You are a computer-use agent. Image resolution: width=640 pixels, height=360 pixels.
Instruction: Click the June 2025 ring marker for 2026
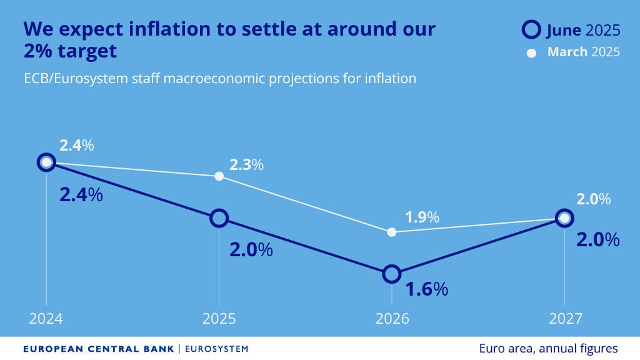tap(392, 274)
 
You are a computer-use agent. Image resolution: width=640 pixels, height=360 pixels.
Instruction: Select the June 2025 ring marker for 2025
tap(219, 218)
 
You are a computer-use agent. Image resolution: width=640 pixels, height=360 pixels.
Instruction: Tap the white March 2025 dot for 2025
tap(219, 176)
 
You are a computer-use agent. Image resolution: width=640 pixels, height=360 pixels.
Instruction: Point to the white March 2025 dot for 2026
tap(392, 232)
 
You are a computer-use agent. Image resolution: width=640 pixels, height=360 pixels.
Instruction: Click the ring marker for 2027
tap(564, 218)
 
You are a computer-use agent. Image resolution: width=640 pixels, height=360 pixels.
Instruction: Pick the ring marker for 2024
tap(46, 162)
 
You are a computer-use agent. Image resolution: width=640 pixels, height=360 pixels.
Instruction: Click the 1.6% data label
tap(427, 289)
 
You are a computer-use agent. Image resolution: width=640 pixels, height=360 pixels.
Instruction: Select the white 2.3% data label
tap(246, 166)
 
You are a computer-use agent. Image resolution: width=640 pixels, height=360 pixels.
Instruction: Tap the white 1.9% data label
tap(422, 218)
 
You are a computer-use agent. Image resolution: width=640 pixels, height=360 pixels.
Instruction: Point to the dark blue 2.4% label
tap(81, 194)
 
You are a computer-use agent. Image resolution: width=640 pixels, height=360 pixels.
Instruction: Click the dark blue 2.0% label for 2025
tap(251, 250)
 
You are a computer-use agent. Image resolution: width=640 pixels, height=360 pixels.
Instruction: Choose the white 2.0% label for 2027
tap(593, 199)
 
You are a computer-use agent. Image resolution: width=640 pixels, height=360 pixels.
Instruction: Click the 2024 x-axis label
tap(46, 319)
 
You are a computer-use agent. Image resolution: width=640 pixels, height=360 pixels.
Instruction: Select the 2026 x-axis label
tap(392, 319)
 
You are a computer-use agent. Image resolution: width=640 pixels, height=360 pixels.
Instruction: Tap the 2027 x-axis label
tap(564, 319)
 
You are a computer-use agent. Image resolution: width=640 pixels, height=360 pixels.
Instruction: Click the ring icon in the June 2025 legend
tap(531, 29)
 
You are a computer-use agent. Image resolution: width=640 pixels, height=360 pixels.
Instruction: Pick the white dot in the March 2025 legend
tap(532, 53)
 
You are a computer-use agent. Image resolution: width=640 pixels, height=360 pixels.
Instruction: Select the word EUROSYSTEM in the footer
tap(216, 349)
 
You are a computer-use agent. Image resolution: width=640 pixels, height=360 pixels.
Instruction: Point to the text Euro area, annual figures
tap(548, 348)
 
